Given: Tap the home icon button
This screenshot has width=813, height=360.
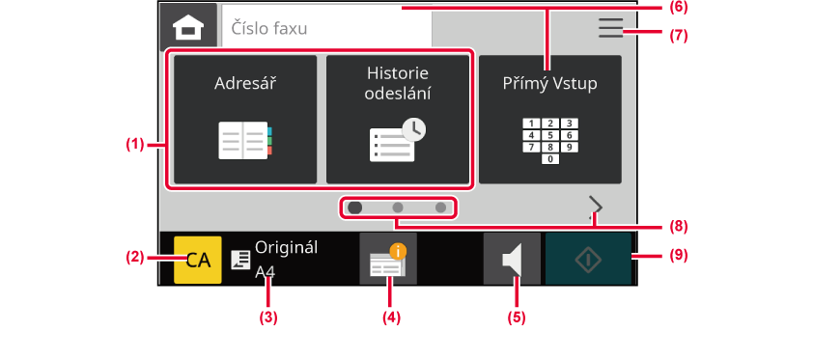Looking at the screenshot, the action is (188, 26).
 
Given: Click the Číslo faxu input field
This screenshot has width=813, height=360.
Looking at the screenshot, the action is (327, 27).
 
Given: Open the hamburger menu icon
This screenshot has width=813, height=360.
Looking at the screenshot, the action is (611, 27).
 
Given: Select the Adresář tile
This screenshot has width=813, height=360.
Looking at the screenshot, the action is (245, 119).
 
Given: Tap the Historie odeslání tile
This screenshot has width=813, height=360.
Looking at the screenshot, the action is (398, 119).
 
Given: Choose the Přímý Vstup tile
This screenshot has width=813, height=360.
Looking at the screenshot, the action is (550, 119).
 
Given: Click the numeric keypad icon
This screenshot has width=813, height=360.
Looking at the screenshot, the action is (550, 141).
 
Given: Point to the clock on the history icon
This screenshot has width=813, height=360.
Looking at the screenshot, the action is (414, 131).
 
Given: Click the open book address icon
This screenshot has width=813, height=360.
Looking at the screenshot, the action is (245, 140).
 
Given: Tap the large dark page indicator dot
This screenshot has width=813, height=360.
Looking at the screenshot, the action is (355, 208).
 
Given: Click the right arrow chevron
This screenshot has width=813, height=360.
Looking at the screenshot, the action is (597, 207).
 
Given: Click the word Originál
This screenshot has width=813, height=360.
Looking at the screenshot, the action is (286, 247).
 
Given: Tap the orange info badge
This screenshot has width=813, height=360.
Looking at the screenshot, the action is (398, 252).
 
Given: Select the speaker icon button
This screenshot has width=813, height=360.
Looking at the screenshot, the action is (512, 259).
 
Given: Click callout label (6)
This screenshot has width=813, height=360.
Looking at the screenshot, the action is (677, 8).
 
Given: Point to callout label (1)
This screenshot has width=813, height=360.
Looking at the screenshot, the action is (135, 145).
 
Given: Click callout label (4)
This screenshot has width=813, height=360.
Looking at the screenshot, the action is (391, 318).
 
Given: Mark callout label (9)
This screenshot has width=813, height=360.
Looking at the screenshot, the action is (677, 256).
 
